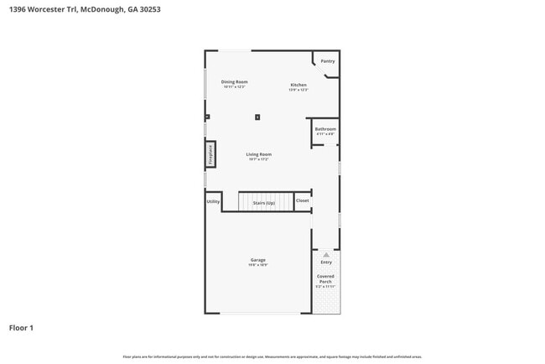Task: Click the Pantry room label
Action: (x=327, y=61)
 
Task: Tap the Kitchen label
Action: (x=298, y=85)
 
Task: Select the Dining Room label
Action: (x=234, y=81)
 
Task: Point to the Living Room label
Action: (x=258, y=154)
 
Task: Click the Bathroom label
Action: (x=325, y=129)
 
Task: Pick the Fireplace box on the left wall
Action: (x=210, y=154)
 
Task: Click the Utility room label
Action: (x=213, y=200)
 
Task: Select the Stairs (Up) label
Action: (x=264, y=203)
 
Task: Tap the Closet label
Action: (x=302, y=200)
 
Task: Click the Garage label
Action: (x=257, y=260)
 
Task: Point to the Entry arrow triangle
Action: (x=325, y=253)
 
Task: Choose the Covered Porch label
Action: (x=325, y=278)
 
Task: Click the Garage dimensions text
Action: (x=257, y=265)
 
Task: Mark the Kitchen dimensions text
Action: (x=298, y=90)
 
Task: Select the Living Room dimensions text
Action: (x=258, y=159)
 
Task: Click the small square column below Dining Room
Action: (x=257, y=117)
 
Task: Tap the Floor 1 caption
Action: (x=21, y=327)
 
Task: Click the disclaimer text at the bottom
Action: (x=272, y=356)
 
